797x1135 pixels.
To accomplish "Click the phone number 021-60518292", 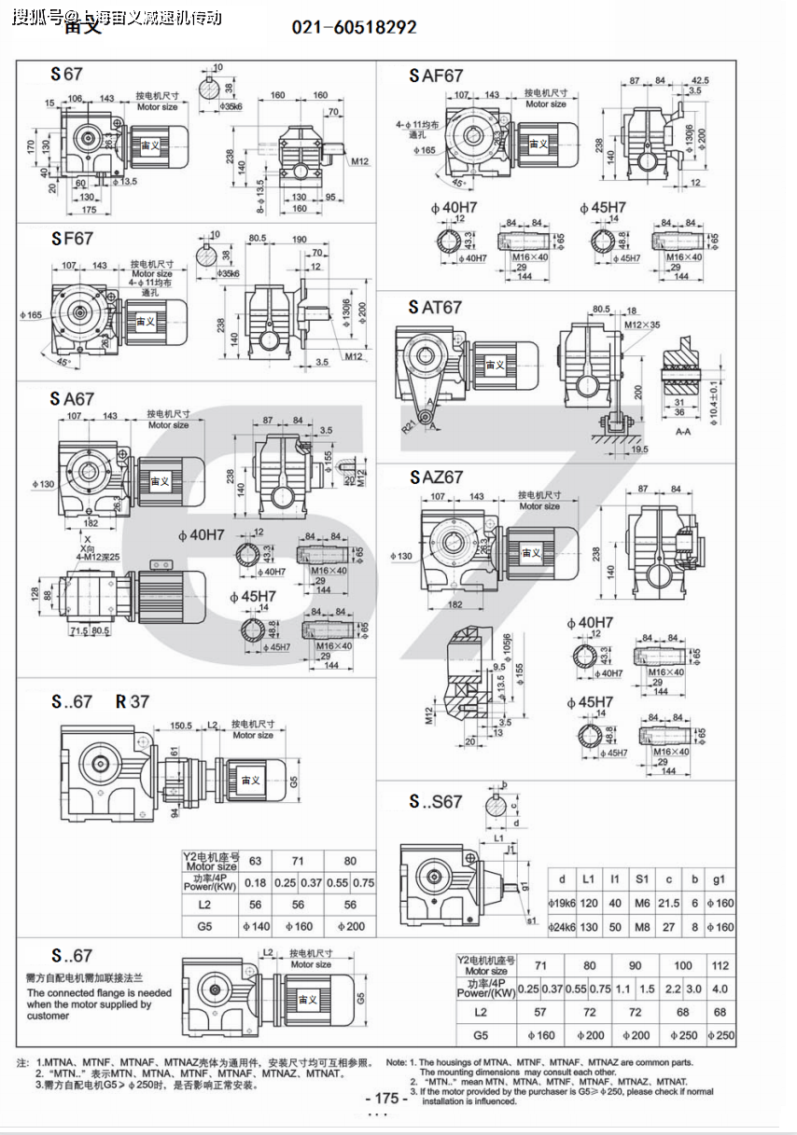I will click(x=355, y=28).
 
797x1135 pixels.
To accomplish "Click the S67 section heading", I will click(x=67, y=75).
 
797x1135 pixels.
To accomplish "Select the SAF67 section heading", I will click(x=435, y=76).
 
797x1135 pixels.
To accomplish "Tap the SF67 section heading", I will click(x=72, y=239).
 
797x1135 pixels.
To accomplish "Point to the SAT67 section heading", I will click(x=435, y=307).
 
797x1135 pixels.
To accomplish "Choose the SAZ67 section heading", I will click(x=435, y=478).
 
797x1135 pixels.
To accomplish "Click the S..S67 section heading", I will click(x=435, y=801).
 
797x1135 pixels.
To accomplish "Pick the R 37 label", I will click(x=133, y=701).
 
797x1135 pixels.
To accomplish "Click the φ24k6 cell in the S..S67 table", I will click(x=562, y=927).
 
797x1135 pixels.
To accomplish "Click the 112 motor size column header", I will click(x=720, y=965).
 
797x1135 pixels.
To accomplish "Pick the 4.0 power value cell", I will click(x=720, y=989).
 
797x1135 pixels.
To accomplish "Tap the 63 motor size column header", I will click(x=255, y=861).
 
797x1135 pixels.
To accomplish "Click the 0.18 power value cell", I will click(x=255, y=882).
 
